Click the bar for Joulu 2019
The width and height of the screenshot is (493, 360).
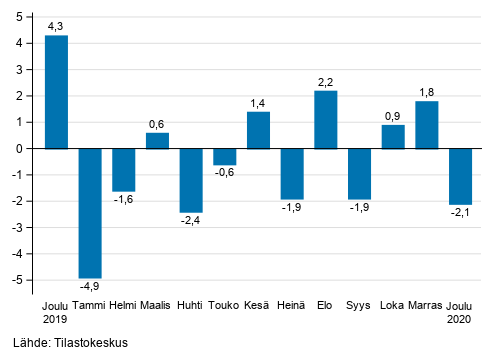pos(56,92)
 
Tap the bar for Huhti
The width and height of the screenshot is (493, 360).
pos(191,180)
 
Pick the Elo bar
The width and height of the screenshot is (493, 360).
pos(325,119)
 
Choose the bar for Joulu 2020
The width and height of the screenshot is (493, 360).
pos(460,176)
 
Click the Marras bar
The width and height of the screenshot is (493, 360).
pos(426,125)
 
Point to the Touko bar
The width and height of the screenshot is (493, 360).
pos(224,156)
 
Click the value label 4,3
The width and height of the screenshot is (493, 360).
pos(56,24)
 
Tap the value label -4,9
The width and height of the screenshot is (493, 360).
pos(90,287)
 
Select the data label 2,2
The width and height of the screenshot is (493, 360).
pos(325,80)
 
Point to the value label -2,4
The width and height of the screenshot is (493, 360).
pos(191,222)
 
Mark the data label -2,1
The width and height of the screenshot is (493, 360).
pos(460,214)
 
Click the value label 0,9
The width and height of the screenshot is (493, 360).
pos(392,114)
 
